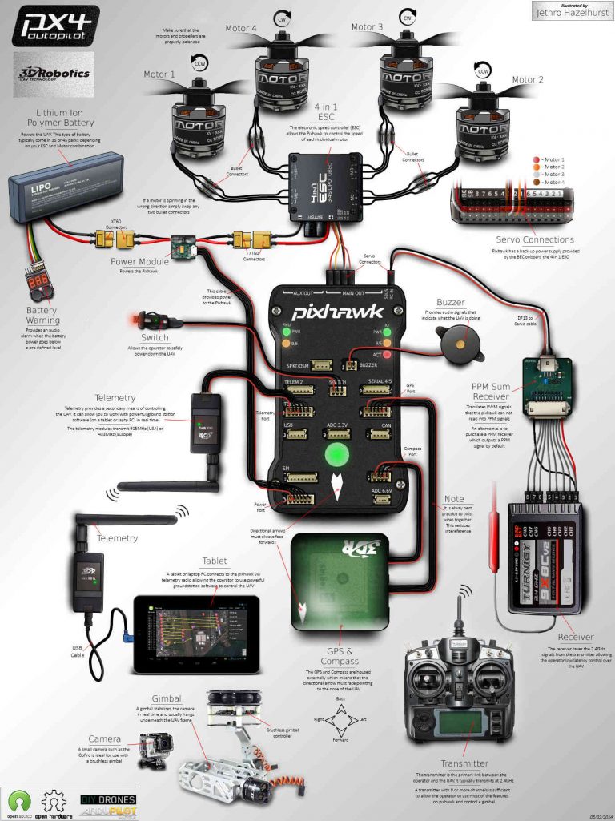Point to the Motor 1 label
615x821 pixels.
[x=159, y=74]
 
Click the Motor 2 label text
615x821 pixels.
[x=528, y=80]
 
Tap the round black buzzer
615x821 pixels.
[x=448, y=342]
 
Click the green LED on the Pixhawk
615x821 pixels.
[x=338, y=454]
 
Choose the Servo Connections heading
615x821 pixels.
[x=534, y=239]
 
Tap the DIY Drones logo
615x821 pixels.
[x=109, y=799]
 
